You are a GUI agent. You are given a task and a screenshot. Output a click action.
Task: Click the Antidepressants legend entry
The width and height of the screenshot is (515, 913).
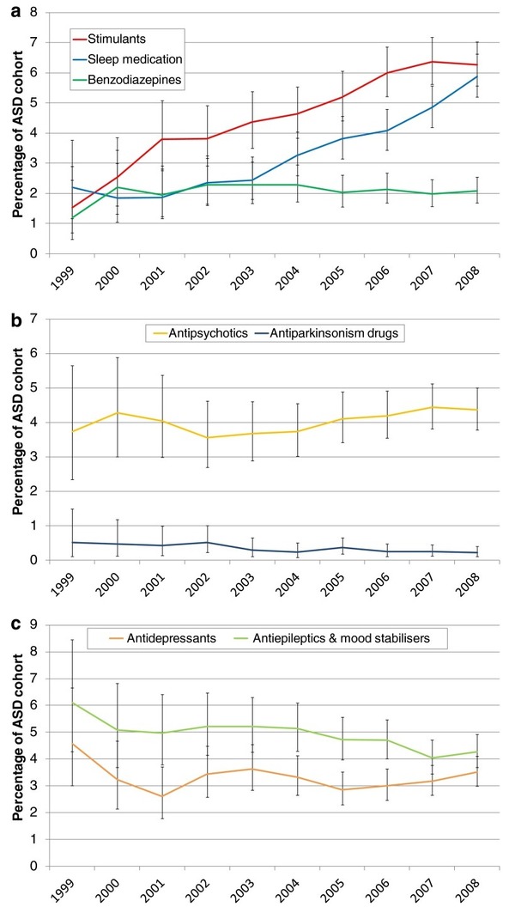pyautogui.click(x=163, y=638)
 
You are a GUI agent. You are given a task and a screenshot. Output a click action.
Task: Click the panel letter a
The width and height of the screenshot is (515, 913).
pyautogui.click(x=17, y=12)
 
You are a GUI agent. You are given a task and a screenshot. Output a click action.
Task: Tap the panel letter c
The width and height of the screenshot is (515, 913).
pyautogui.click(x=17, y=624)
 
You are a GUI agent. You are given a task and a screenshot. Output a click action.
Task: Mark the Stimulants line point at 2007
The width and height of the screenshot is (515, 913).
pyautogui.click(x=432, y=62)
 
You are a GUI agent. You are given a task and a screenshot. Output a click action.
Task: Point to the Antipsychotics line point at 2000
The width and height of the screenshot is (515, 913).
pyautogui.click(x=118, y=412)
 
